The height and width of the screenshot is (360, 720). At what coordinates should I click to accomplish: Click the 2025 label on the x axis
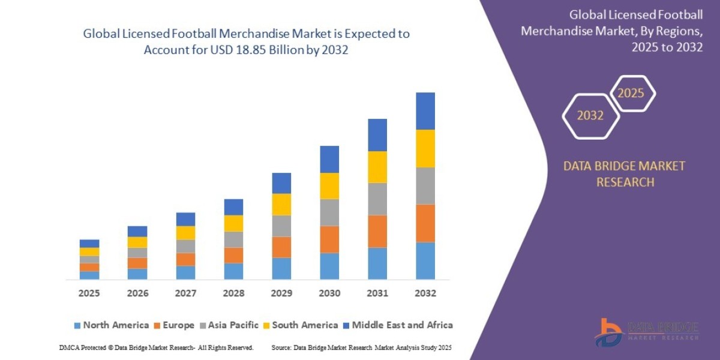click(x=89, y=293)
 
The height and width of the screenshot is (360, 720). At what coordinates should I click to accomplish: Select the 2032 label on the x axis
click(x=425, y=293)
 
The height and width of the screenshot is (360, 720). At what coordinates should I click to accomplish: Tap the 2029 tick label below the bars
click(x=281, y=293)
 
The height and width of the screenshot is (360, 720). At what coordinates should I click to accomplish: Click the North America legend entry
click(x=111, y=325)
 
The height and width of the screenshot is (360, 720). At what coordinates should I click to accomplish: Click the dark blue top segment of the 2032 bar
click(x=425, y=111)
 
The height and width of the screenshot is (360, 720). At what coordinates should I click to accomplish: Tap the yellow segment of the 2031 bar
click(x=377, y=167)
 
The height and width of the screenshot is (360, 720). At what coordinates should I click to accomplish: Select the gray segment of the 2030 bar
click(x=329, y=212)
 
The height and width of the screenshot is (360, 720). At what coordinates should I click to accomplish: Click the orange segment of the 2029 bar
click(x=281, y=247)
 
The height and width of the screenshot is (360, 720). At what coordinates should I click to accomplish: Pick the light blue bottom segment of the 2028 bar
click(x=233, y=271)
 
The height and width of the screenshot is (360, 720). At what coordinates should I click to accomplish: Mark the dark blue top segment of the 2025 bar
click(x=89, y=244)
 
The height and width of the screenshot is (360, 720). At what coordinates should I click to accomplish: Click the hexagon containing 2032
click(x=590, y=116)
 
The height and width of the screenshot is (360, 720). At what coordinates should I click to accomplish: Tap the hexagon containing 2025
click(x=631, y=94)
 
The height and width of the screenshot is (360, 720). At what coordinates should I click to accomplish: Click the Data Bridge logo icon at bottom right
click(x=608, y=332)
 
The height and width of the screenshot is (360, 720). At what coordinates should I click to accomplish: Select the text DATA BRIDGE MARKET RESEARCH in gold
click(x=624, y=174)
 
